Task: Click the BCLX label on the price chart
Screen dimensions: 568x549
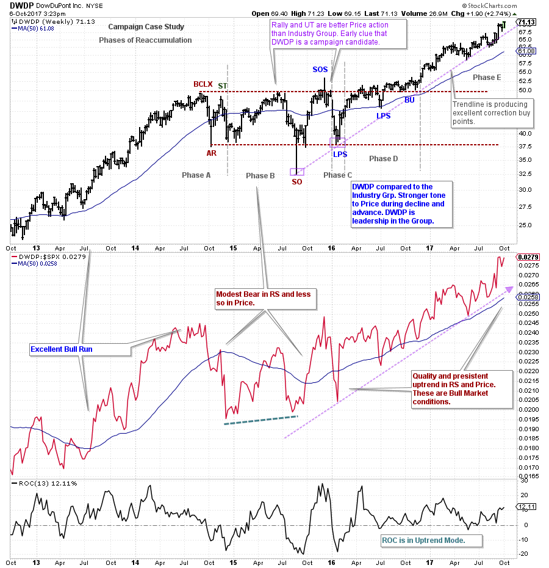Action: click(203, 84)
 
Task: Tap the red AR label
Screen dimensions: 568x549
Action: click(211, 153)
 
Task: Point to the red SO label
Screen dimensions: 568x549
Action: click(296, 181)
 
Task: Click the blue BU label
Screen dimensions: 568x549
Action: click(409, 99)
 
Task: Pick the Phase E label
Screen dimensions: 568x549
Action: click(487, 77)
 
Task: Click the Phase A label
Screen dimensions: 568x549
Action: click(196, 175)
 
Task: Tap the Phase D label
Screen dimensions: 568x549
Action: click(383, 159)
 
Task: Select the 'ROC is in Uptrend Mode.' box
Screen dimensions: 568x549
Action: click(431, 541)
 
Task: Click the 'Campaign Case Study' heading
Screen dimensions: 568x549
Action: click(146, 27)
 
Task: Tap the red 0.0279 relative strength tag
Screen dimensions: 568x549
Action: click(528, 257)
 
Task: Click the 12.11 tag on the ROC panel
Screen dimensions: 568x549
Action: click(526, 506)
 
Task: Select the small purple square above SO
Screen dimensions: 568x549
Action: click(296, 172)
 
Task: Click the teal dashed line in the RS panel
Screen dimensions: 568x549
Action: click(260, 420)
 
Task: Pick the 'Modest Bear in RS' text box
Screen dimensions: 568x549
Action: click(264, 298)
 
